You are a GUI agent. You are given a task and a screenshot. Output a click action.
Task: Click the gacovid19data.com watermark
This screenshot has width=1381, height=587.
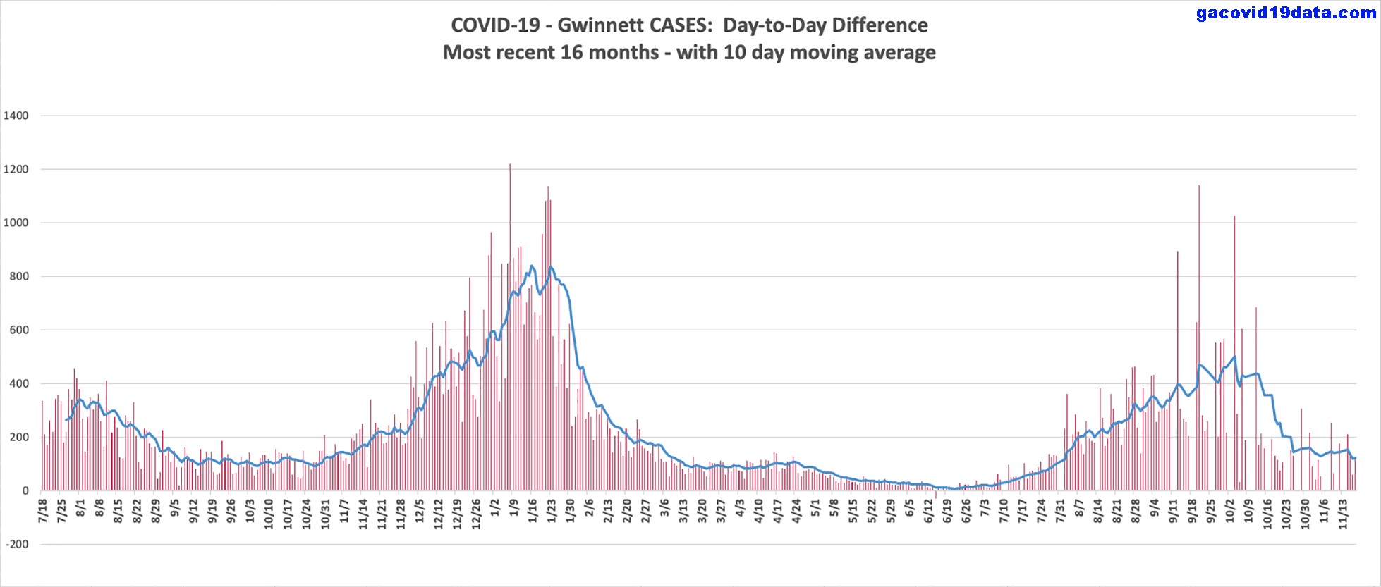pos(1286,13)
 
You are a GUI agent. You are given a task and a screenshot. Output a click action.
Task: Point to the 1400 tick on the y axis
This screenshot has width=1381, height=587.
pos(16,116)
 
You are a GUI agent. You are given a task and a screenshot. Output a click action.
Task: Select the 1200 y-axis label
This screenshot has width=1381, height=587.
pos(16,169)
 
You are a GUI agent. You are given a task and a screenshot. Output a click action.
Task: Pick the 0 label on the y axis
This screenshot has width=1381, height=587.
pos(25,490)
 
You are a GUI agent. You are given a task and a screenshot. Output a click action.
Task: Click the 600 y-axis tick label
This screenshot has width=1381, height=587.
pos(19,330)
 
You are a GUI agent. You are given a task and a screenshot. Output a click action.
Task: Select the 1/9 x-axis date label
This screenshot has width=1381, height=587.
pos(513,508)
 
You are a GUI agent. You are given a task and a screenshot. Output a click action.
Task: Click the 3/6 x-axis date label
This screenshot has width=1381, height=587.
pos(664,508)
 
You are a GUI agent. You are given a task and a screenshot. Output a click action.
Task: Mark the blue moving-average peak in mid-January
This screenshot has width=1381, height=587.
pos(532,266)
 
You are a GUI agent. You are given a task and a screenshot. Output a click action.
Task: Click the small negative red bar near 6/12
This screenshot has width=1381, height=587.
pos(936,495)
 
